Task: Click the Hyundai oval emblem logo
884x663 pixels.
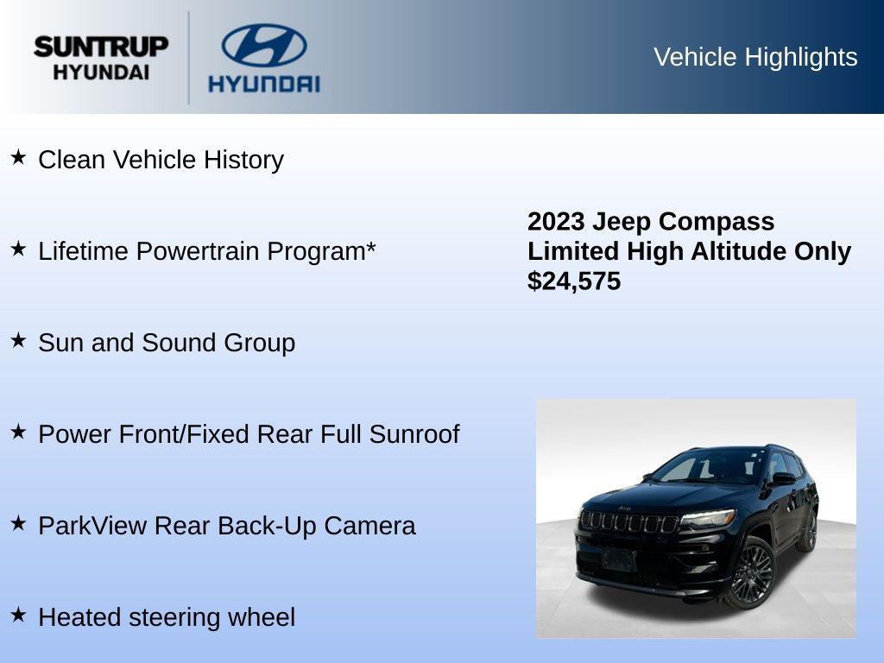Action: coord(263,45)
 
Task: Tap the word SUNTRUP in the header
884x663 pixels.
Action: coord(101,47)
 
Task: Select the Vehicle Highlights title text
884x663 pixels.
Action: coord(755,57)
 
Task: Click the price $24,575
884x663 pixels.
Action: coord(574,281)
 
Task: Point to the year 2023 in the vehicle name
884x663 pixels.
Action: coord(556,222)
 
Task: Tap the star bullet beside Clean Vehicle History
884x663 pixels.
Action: coord(18,157)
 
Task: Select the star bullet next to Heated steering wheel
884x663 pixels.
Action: coord(18,615)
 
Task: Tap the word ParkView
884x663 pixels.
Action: coord(92,526)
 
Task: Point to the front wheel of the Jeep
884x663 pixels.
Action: coord(752,573)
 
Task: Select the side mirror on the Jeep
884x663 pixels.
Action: coord(783,478)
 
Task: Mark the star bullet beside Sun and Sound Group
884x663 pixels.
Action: coord(18,340)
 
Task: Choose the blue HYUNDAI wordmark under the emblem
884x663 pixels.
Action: coord(263,84)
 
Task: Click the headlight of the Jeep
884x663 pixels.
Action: coord(708,519)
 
